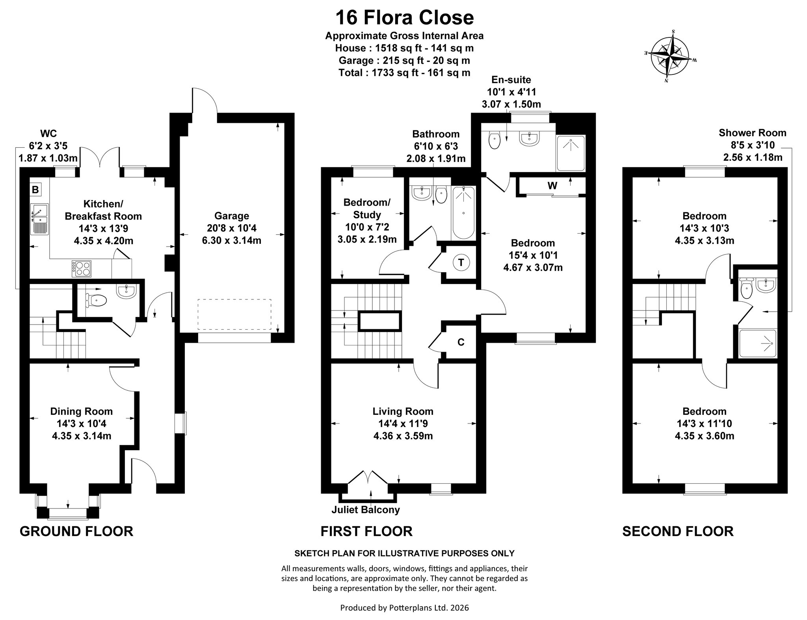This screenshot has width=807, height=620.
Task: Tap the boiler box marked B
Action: (x=35, y=190)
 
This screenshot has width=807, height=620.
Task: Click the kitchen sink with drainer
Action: (x=39, y=219)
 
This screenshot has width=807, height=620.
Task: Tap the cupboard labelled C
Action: (x=461, y=342)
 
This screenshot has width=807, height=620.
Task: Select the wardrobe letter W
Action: (x=552, y=186)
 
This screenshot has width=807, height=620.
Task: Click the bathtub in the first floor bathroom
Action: (x=463, y=212)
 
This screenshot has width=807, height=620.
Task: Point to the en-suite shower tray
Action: (x=570, y=153)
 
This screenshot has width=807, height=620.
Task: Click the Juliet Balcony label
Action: (x=366, y=510)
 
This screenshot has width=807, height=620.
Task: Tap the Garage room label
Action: (x=232, y=216)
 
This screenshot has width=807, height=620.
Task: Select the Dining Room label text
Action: (x=82, y=412)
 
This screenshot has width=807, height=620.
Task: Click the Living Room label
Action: (x=403, y=412)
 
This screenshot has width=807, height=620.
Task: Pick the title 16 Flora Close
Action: (x=404, y=18)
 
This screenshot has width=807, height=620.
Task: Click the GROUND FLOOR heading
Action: (x=76, y=531)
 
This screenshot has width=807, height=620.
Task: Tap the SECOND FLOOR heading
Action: (x=678, y=531)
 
